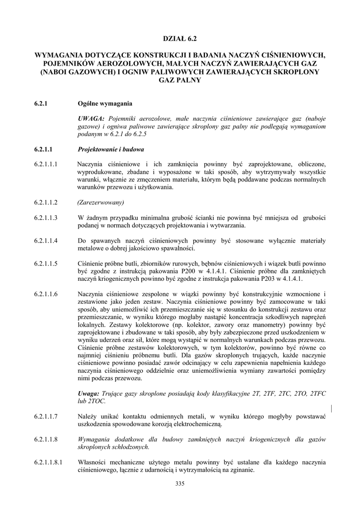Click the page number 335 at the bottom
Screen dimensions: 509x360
[x=180, y=485]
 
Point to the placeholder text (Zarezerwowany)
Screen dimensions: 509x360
[x=101, y=202]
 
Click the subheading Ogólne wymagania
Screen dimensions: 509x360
[x=105, y=104]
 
